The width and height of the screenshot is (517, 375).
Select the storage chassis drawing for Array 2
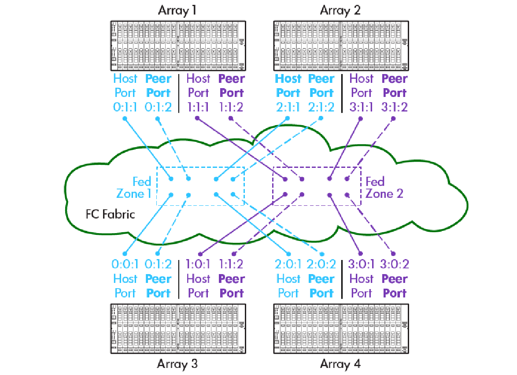pos(340,45)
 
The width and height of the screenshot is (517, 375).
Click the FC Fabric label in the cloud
pos(110,215)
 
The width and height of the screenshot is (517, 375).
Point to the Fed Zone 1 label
pos(134,187)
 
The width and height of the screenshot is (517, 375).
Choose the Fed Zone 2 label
pos(384,187)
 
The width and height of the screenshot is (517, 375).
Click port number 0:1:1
pos(125,107)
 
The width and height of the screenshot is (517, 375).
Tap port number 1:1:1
pos(198,107)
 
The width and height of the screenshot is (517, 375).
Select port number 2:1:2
pos(321,107)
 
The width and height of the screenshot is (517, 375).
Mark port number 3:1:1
pos(361,107)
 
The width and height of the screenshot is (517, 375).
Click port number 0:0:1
pos(125,265)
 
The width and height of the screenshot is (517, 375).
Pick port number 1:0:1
pos(198,265)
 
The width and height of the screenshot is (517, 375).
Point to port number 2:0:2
pos(321,265)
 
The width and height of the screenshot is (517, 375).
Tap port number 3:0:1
pos(361,265)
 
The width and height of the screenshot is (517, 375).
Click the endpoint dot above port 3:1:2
pos(394,118)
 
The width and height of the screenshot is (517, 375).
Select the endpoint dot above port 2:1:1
pos(288,118)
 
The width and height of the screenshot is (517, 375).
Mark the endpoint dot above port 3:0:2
pos(394,254)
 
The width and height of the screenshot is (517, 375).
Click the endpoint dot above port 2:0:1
pos(288,254)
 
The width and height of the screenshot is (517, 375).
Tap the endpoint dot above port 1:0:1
pos(200,254)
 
